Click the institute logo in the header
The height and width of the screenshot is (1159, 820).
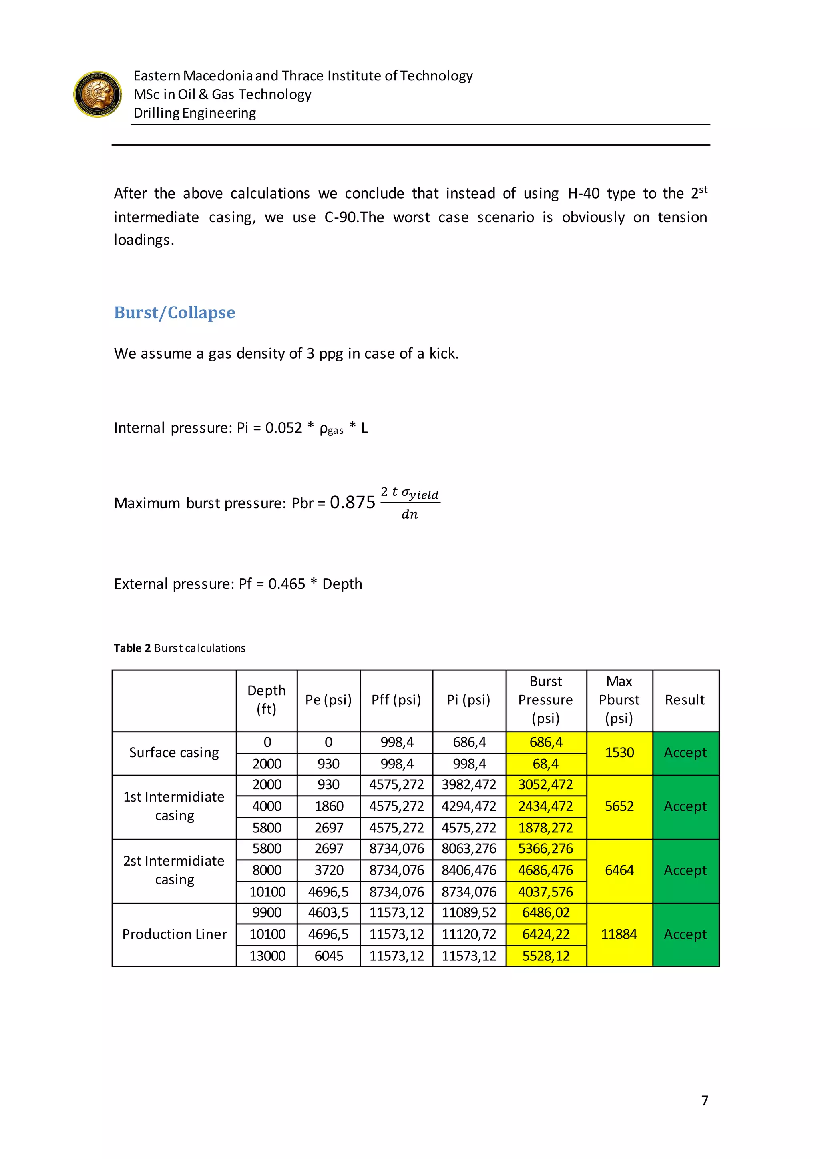(x=97, y=94)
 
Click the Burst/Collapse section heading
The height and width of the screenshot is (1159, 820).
(x=174, y=313)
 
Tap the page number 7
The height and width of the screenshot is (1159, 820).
(x=705, y=1101)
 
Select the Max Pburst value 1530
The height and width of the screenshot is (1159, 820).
(x=619, y=753)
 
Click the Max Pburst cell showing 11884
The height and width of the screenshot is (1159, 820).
(x=619, y=934)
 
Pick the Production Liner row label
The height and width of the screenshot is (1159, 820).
(x=174, y=934)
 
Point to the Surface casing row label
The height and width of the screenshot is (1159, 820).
(x=174, y=753)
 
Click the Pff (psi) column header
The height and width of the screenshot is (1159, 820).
(x=396, y=700)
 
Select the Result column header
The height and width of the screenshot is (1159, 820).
(x=685, y=700)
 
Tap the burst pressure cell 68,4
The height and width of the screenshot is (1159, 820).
(x=545, y=764)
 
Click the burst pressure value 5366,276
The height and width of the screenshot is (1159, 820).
(x=545, y=848)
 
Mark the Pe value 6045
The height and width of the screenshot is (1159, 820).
(x=329, y=956)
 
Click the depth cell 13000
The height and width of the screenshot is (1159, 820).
(x=267, y=956)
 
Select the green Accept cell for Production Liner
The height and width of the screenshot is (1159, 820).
(x=685, y=934)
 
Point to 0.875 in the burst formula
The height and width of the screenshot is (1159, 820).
(x=352, y=502)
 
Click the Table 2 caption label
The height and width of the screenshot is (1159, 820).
(x=132, y=648)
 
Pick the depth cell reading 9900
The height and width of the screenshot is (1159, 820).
(x=267, y=912)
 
